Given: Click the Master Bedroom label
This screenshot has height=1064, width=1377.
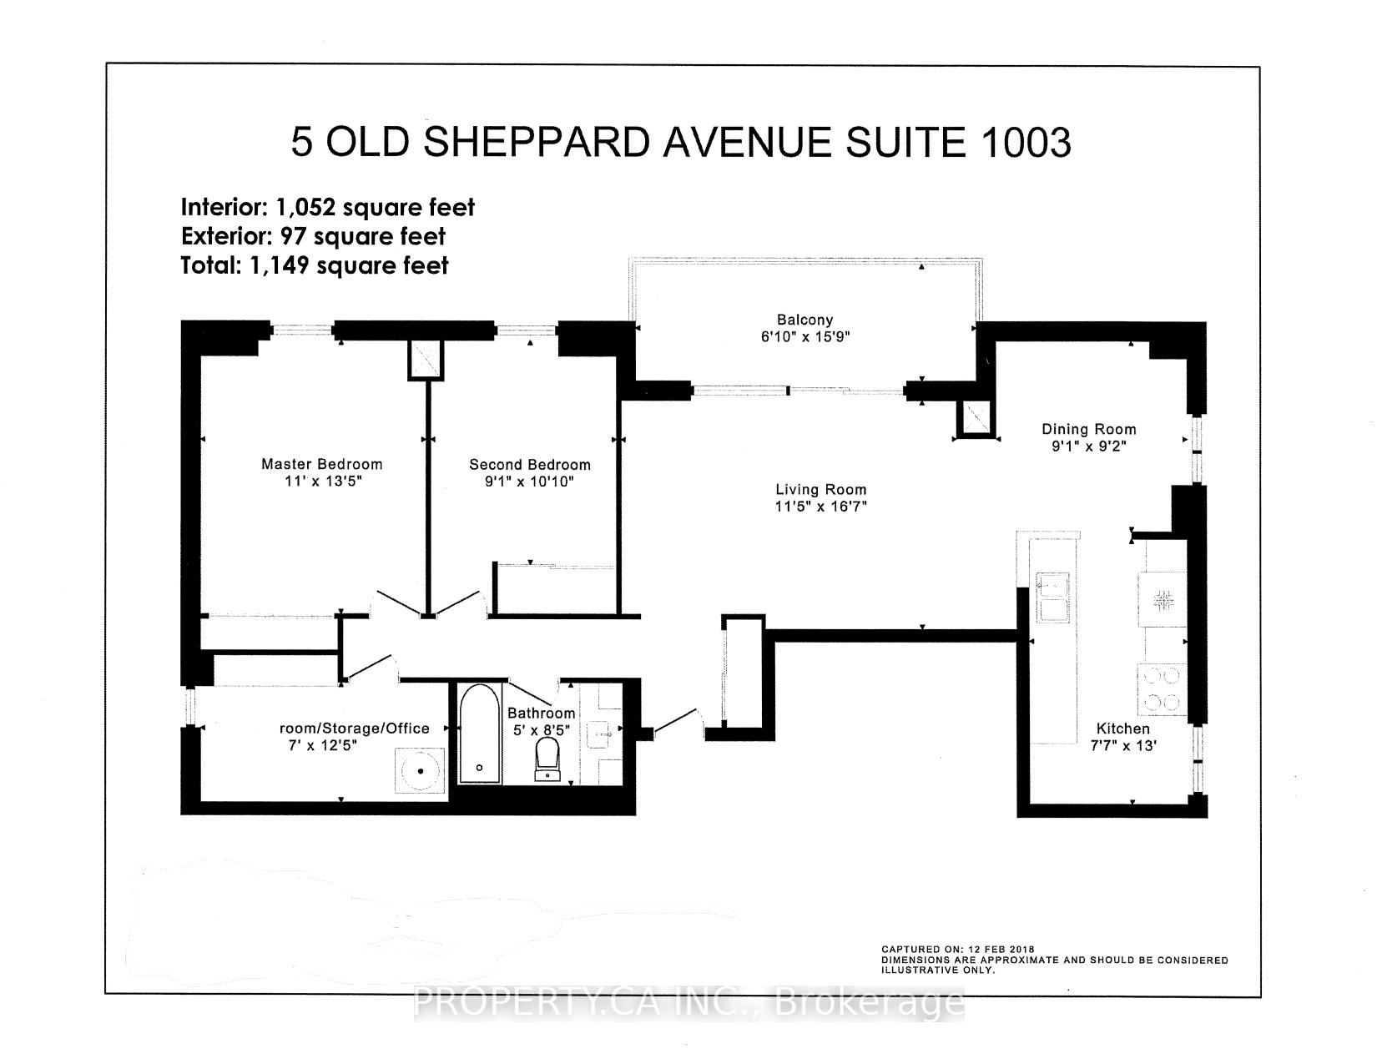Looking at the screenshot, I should click(321, 464).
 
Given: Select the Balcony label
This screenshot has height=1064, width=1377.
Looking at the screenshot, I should click(805, 320).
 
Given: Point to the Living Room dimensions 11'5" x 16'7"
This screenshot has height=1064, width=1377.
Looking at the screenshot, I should click(820, 506).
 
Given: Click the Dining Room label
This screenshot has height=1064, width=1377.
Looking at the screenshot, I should click(1088, 429).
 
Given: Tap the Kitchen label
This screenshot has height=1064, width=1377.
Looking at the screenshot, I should click(1122, 729).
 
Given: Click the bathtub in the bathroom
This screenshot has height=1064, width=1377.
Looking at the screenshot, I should click(479, 734).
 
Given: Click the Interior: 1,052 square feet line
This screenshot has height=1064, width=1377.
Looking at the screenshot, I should click(328, 207).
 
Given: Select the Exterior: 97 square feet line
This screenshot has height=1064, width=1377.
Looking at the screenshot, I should click(313, 236).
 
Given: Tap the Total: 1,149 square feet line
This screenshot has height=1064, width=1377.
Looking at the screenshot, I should click(315, 265).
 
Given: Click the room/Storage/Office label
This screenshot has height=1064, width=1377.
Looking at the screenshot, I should click(354, 728).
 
